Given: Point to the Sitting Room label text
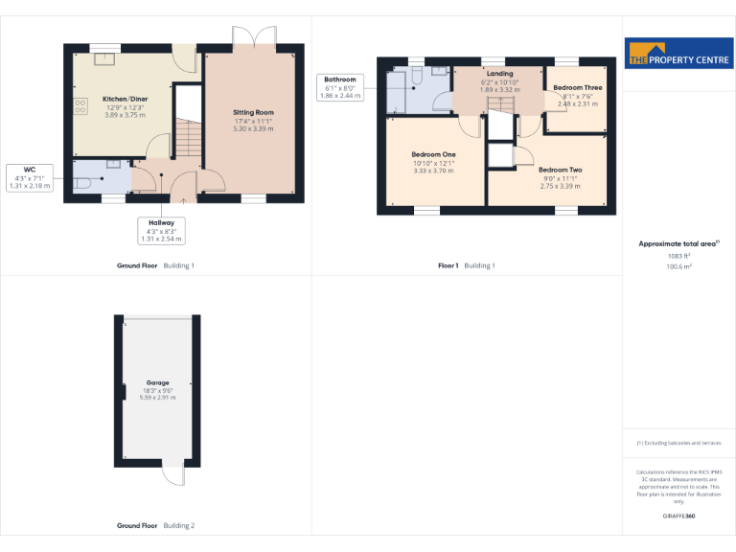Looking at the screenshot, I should point(253,112).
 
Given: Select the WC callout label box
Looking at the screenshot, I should point(28,177).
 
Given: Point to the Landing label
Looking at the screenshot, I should point(499,73).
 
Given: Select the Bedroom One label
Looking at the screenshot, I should point(433,154).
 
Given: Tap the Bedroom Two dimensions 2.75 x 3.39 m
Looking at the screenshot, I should point(560,186).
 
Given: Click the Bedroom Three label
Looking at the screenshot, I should point(577,87).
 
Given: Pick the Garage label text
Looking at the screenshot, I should point(158,382).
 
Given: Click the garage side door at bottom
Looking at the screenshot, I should point(172,472).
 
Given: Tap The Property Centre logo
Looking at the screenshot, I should point(678,54).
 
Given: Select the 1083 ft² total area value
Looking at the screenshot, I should point(678,256).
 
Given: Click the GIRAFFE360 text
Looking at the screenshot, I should point(678,517).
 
